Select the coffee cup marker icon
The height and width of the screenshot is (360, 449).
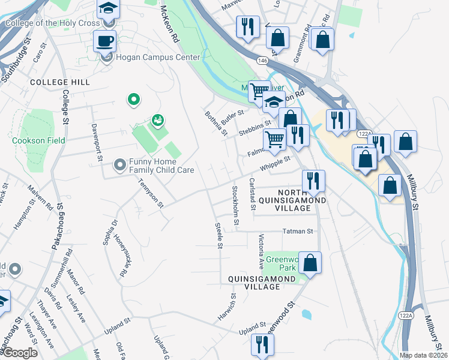[x=105, y=41]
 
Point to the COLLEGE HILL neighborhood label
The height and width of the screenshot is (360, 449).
[x=59, y=82]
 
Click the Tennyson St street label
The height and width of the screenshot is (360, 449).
[x=151, y=193]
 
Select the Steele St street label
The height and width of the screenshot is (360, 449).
[x=219, y=236]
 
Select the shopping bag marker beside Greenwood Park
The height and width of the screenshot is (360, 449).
[x=310, y=262]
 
